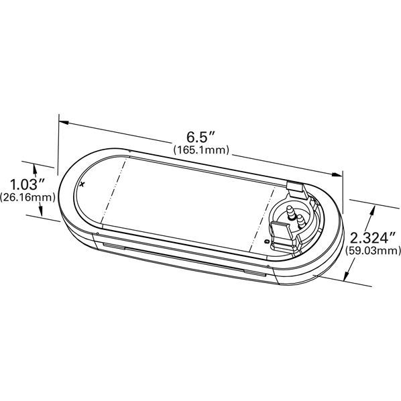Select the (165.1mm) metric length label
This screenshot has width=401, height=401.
pyautogui.click(x=201, y=150)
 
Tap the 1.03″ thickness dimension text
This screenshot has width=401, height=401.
pyautogui.click(x=27, y=184)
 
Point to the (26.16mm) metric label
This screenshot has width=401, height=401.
pyautogui.click(x=27, y=197)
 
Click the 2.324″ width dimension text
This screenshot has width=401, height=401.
pyautogui.click(x=373, y=238)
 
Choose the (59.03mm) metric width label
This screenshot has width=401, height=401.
pyautogui.click(x=373, y=251)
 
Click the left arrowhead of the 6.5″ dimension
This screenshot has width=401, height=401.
pyautogui.click(x=64, y=123)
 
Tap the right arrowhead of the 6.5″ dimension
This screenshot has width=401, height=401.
pyautogui.click(x=337, y=174)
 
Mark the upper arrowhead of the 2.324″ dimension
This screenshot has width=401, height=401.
pyautogui.click(x=373, y=210)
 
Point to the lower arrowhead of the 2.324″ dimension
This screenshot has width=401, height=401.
pyautogui.click(x=347, y=276)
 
